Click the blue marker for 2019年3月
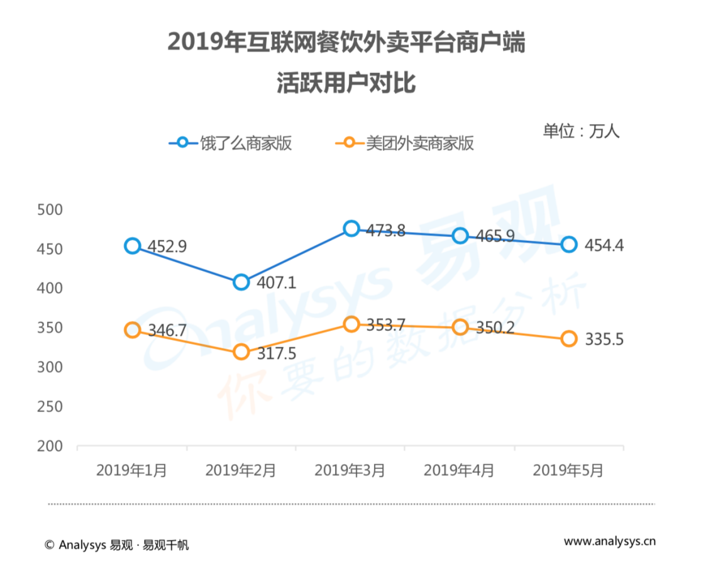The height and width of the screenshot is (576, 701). coord(351,228)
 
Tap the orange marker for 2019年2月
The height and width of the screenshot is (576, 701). coord(241,352)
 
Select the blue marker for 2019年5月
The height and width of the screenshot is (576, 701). coord(569,245)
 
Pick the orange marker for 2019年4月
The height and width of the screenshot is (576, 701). coord(460,327)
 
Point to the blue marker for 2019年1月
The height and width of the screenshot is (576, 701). coord(132,246)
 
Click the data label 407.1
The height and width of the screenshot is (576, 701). coord(276,283)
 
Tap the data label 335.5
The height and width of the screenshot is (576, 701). coord(604,340)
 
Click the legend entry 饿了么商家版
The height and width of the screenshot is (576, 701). coord(230,143)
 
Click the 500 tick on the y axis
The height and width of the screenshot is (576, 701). coord(50,209)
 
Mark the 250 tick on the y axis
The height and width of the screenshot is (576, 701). coord(50,406)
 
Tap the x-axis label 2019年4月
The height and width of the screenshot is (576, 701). coord(459,471)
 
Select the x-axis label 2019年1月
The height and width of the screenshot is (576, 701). coord(131,471)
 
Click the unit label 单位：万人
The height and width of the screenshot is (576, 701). coord(582,131)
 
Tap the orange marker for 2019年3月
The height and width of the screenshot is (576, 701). coord(351,324)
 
